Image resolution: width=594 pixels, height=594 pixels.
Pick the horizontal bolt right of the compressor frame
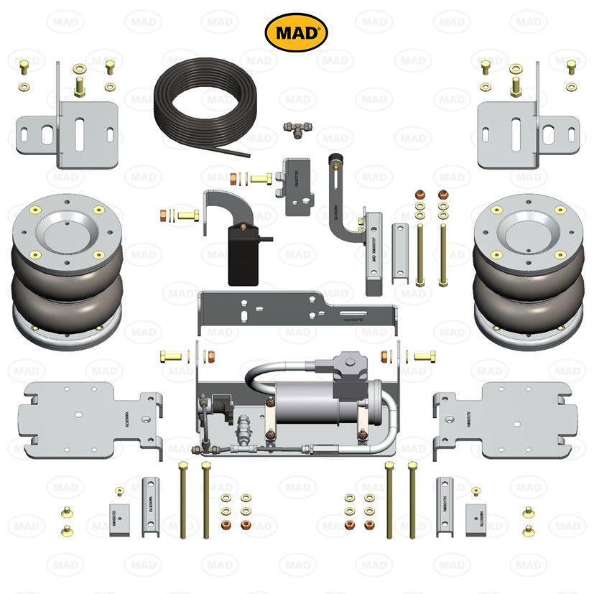(x=424, y=356)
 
